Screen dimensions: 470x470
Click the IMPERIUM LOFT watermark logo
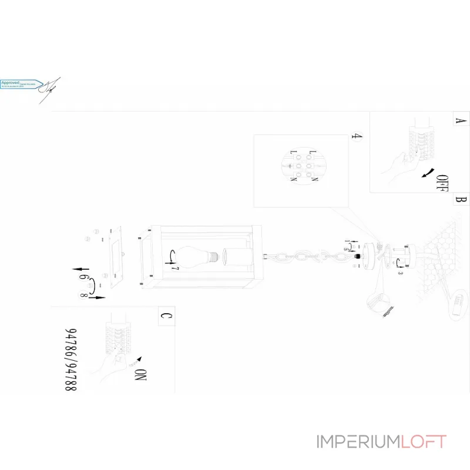click(381, 442)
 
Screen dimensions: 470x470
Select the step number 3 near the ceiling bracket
click(400, 271)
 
